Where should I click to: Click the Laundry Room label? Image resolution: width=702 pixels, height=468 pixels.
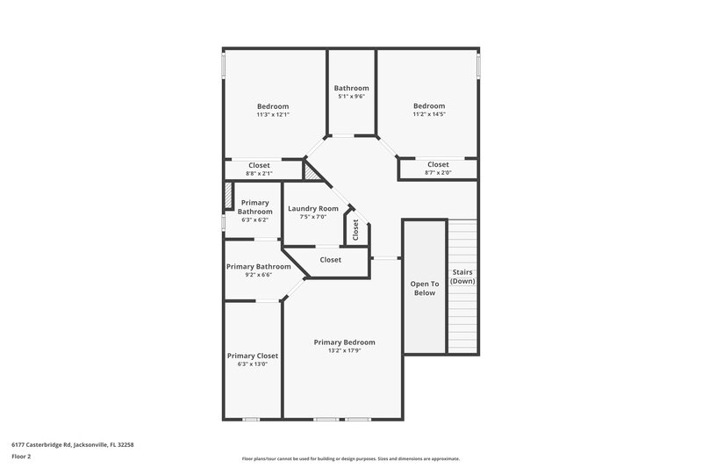[x=312, y=208]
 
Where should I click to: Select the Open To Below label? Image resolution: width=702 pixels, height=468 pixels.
[x=424, y=288]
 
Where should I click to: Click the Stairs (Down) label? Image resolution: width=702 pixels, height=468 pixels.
[x=462, y=276]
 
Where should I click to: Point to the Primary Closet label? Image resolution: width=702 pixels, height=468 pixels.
[x=253, y=356]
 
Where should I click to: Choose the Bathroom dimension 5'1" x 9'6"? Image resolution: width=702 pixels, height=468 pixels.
[x=351, y=97]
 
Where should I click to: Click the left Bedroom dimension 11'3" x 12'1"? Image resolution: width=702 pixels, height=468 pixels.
[x=272, y=114]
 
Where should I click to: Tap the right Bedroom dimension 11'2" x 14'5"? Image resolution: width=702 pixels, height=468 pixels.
[x=429, y=114]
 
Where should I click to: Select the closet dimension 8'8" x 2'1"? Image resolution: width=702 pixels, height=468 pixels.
[x=259, y=173]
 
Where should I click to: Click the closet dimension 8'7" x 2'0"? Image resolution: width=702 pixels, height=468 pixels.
[x=438, y=172]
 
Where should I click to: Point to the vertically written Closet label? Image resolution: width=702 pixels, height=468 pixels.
[x=355, y=230]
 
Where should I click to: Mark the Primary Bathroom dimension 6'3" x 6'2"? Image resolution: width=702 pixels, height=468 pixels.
[x=254, y=220]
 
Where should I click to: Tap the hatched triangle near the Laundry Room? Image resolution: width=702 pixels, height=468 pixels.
[x=312, y=171]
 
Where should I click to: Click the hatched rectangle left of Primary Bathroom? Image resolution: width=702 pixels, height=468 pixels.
[x=226, y=196]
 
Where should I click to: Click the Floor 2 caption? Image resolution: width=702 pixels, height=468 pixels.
[x=22, y=457]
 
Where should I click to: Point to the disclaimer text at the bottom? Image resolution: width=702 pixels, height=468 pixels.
[x=350, y=458]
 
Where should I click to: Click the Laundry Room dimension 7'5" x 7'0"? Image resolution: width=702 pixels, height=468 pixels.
[x=312, y=217]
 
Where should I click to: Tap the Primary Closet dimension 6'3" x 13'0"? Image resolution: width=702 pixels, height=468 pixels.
[x=253, y=364]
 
